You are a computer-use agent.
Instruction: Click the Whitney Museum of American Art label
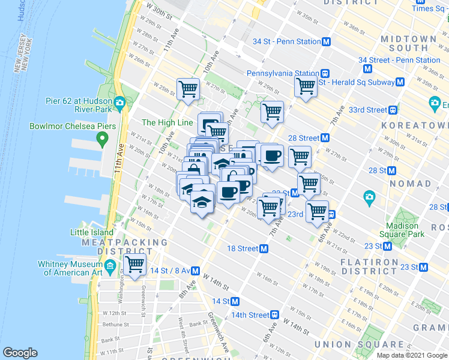coord(73,268)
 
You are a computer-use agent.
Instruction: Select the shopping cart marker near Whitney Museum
coord(134,264)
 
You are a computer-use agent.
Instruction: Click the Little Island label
coord(92,232)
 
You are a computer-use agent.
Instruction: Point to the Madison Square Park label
coord(402,230)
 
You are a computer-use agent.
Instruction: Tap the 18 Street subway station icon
coord(264,248)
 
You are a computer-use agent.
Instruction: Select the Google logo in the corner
coord(20,353)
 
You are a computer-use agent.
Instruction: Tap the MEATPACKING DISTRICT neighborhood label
coord(125,247)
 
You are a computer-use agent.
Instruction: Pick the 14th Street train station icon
coord(274,315)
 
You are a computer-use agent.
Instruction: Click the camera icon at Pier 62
coord(119,102)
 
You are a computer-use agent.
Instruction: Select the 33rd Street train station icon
coord(393,110)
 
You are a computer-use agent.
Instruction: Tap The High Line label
coord(167,122)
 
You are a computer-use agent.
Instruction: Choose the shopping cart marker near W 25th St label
coord(188,89)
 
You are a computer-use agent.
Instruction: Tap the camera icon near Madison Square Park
coord(369,196)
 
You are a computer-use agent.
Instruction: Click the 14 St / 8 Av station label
coord(169,271)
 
